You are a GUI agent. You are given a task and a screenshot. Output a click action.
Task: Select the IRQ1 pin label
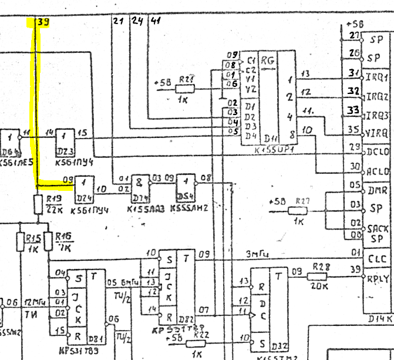coord(378,77)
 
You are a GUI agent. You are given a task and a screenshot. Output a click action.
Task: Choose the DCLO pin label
coord(378,151)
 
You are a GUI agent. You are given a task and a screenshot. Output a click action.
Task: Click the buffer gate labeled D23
coord(66,142)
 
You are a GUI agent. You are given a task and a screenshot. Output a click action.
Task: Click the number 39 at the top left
coord(43,22)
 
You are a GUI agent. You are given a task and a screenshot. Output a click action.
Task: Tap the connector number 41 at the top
coord(156,22)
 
